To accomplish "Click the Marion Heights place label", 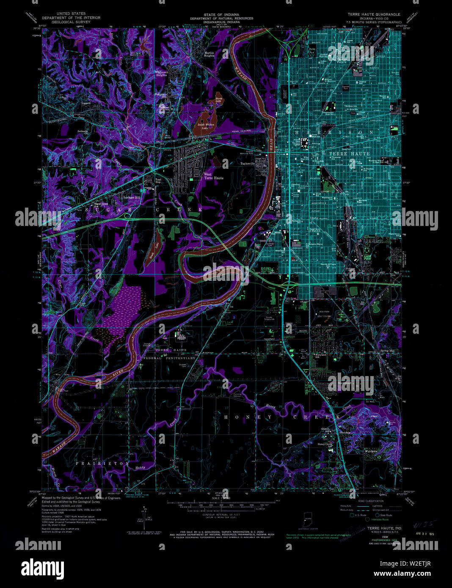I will pyautogui.click(x=209, y=54).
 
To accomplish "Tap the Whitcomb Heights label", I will pyautogui.click(x=161, y=74).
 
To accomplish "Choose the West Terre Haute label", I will pyautogui.click(x=213, y=176).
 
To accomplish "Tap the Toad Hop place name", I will pyautogui.click(x=158, y=181).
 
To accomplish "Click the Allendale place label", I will pyautogui.click(x=332, y=432).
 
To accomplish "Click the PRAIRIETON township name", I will pyautogui.click(x=102, y=464).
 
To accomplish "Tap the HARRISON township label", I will pyautogui.click(x=334, y=132).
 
